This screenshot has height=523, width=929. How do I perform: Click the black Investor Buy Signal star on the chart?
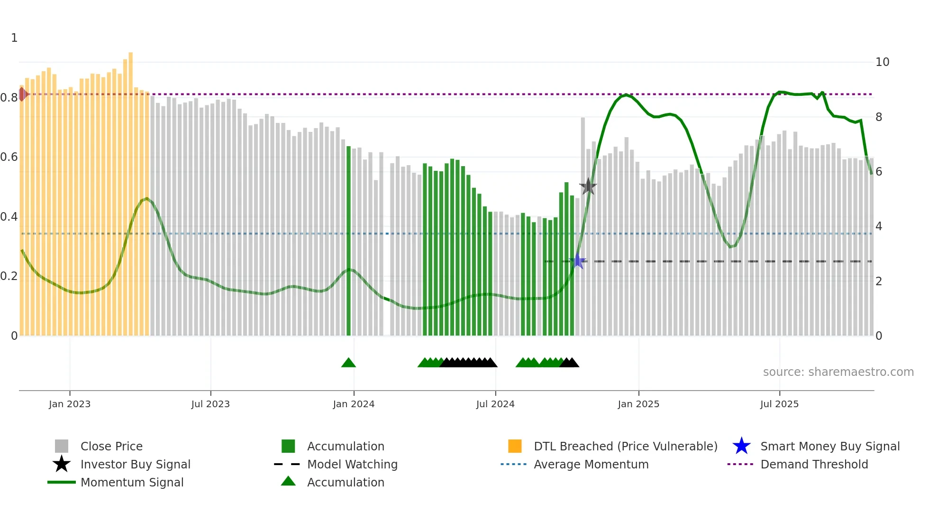click(588, 187)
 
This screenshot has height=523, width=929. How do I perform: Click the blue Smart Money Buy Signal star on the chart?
click(578, 261)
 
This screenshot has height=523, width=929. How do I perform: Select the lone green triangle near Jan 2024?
click(348, 363)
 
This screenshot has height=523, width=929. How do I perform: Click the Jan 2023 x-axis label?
click(70, 404)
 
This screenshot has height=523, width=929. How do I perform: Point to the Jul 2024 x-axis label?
click(495, 404)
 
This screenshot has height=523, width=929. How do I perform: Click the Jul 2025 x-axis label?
click(779, 404)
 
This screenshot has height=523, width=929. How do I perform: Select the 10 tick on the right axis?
click(882, 62)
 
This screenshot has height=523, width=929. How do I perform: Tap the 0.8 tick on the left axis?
click(9, 98)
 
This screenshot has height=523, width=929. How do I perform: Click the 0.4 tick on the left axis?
click(9, 217)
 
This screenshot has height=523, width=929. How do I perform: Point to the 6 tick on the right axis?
click(879, 172)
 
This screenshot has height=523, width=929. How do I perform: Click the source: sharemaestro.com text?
click(838, 372)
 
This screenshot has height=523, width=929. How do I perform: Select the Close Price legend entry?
click(111, 446)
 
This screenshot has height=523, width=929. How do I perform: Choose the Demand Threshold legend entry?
click(814, 464)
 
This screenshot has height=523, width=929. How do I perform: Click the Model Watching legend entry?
click(352, 464)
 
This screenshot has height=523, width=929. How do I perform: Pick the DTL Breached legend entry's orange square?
click(515, 446)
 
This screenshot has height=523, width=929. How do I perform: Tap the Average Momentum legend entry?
click(591, 464)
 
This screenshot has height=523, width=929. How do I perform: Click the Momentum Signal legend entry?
click(132, 482)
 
